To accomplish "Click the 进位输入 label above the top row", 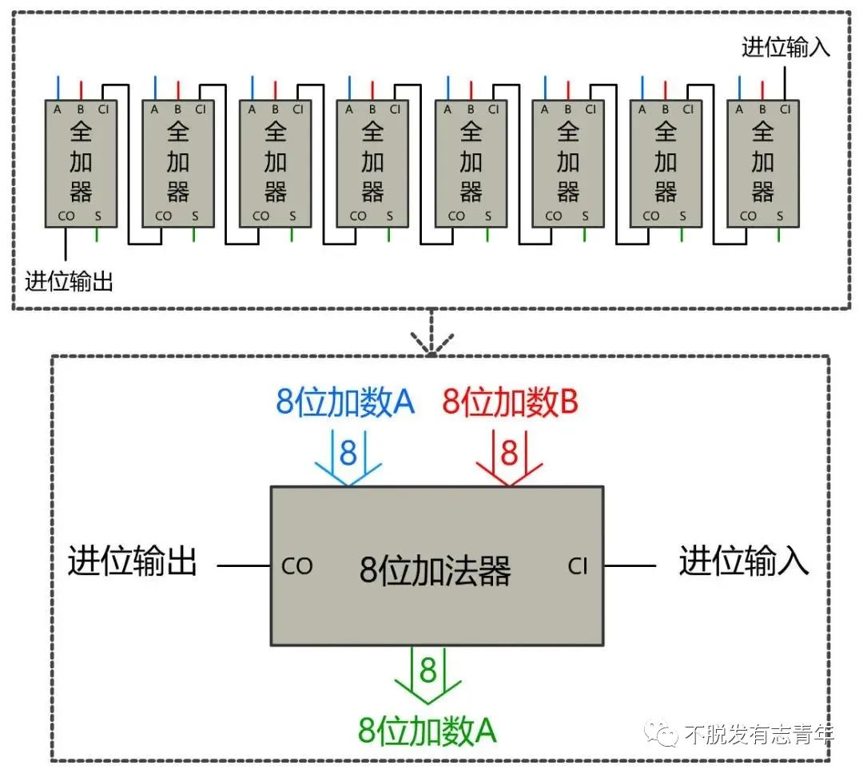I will pos(786,47).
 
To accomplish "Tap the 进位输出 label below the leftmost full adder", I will pos(69,281).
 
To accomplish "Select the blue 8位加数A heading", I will pos(345,402).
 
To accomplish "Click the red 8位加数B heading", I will pos(510,402).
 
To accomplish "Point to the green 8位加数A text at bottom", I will pos(428,730).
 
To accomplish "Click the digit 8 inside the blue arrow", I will pos(348,454).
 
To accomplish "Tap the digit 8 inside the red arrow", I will pos(509,454).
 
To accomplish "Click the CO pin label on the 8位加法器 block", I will pos(296,566).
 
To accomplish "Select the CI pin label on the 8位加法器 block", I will pos(578,566).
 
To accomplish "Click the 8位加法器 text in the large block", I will pos(435,570).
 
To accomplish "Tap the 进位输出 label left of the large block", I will pos(132,561).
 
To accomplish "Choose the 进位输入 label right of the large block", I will pos(744,561).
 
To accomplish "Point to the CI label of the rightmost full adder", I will pos(785,109).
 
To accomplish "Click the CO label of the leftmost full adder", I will pos(66,216).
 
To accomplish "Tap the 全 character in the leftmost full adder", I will pos(81,132).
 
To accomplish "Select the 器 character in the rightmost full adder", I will pos(763,192).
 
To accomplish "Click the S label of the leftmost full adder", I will pos(97,216).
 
